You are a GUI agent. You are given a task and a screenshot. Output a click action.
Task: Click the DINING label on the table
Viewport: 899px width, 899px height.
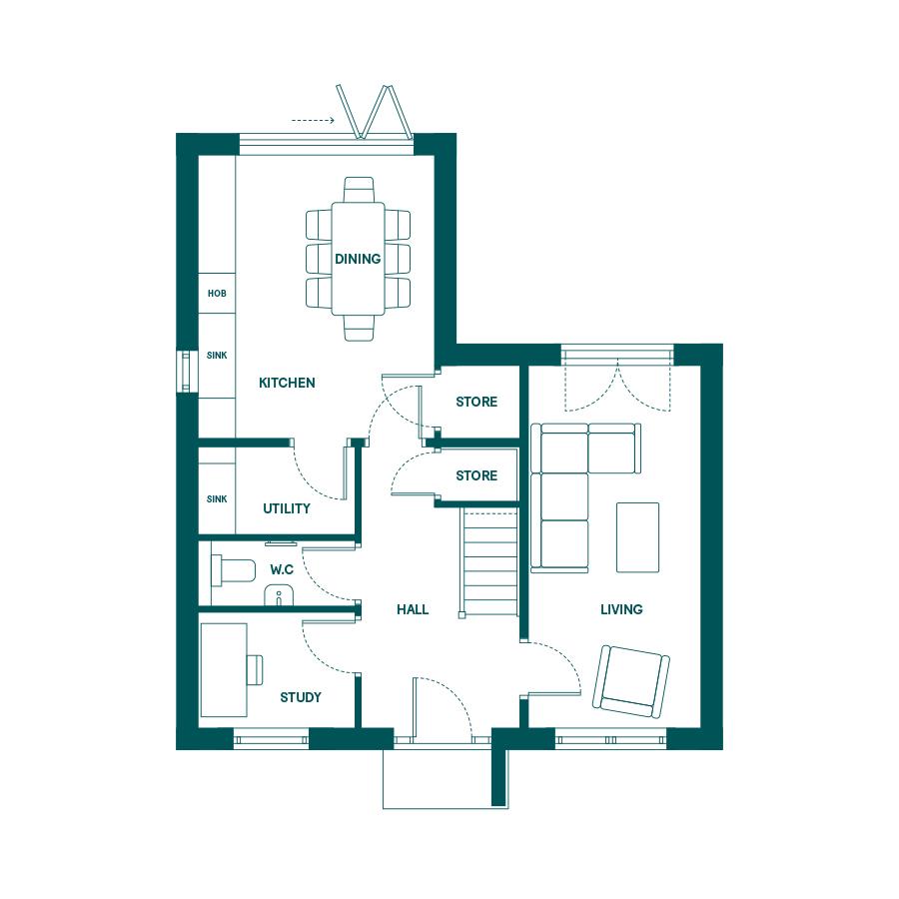pos(358,259)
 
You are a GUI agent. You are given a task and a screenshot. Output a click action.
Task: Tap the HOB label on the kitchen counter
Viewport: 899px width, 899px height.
pos(217,294)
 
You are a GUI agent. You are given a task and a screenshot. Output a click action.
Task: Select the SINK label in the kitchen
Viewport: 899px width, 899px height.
pos(217,356)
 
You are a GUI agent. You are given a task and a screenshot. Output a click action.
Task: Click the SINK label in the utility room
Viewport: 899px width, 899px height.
pos(217,499)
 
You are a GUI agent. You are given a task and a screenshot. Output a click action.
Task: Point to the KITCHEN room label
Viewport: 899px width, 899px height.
pos(287,383)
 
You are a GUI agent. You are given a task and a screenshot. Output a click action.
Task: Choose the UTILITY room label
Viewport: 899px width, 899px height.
pos(286,508)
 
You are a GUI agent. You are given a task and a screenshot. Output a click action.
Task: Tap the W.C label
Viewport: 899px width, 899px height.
pos(282,570)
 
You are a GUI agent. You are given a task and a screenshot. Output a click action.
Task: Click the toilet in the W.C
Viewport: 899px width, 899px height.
pos(233,570)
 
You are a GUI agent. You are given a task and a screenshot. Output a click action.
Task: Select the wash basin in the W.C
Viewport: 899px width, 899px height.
pos(279,595)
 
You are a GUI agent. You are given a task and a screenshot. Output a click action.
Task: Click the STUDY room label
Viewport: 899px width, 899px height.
pos(301,698)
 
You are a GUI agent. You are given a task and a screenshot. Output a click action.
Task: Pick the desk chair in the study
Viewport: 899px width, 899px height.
pos(255,670)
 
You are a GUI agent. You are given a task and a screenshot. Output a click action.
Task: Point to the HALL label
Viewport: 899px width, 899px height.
pos(413,609)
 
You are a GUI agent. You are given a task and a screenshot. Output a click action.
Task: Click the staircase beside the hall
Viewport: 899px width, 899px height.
pos(490,563)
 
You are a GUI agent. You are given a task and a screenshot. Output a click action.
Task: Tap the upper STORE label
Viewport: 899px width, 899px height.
pos(476,402)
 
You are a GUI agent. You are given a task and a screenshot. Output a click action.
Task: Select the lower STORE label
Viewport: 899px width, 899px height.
pos(476,475)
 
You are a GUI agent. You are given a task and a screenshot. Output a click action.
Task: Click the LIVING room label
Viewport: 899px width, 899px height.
pos(621,609)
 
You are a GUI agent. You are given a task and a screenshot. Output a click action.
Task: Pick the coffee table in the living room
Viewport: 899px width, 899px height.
pos(637,537)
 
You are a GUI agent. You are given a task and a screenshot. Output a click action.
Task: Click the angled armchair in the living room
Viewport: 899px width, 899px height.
pos(630,681)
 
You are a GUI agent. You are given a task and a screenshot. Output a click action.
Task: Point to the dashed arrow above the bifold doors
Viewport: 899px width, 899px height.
pos(313,121)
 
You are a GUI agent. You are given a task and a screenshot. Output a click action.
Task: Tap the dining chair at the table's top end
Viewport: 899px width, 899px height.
pos(359,190)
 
